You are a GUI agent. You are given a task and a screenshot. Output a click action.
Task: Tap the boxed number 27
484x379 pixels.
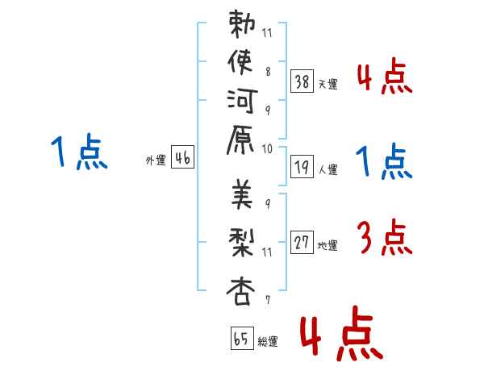(302, 243)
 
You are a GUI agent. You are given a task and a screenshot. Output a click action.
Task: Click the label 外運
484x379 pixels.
(155, 160)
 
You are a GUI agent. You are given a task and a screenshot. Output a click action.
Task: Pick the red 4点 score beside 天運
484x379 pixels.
(384, 78)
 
